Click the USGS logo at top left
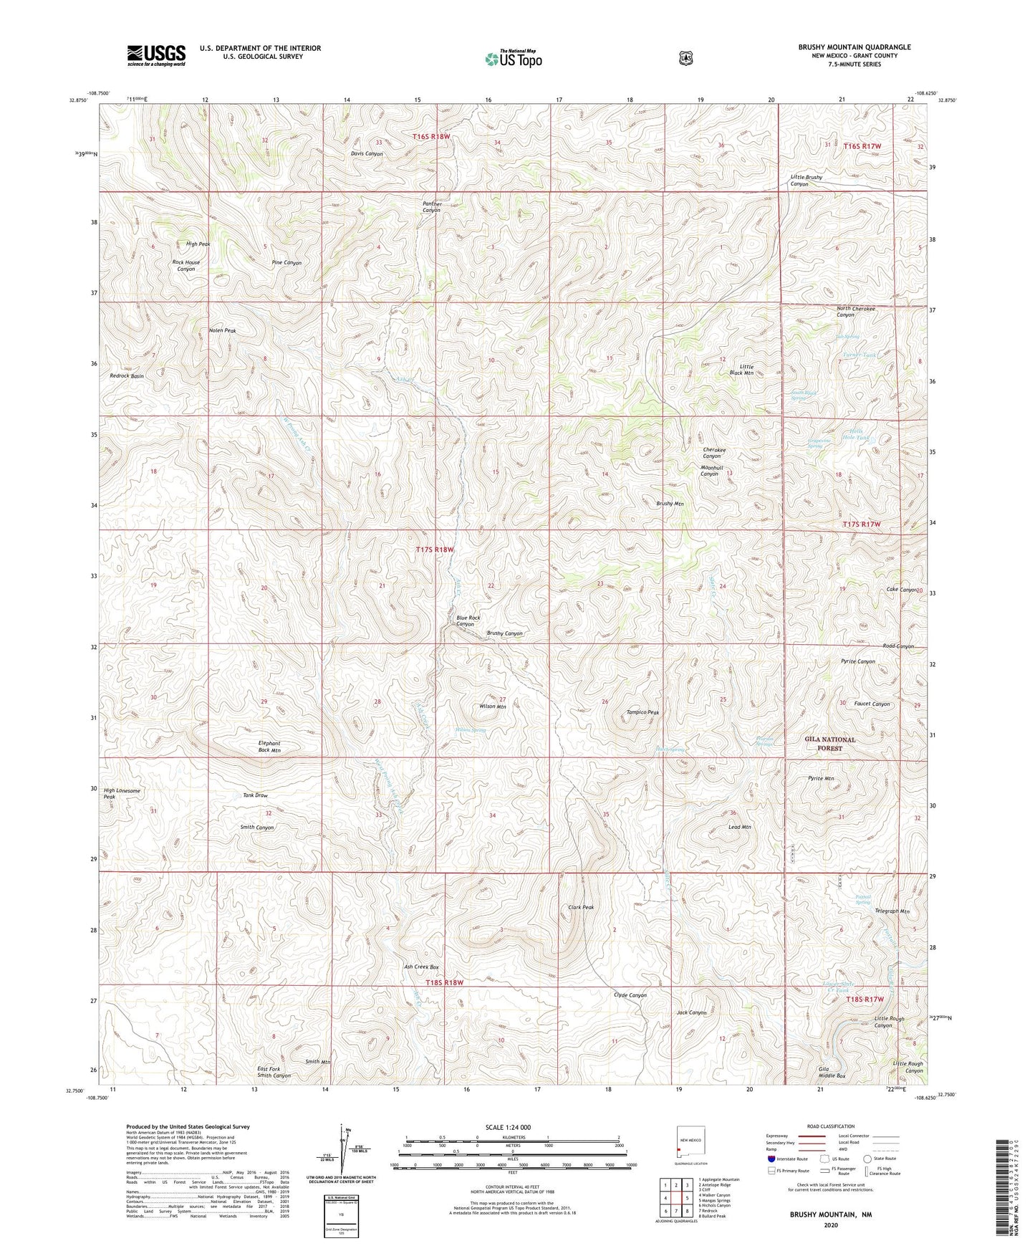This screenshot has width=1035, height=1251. [x=156, y=55]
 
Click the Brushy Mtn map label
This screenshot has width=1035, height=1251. [x=670, y=504]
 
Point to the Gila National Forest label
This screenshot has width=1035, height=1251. [x=832, y=744]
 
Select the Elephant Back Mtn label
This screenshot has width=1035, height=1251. [x=269, y=747]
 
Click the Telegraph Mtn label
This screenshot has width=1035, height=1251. [x=892, y=911]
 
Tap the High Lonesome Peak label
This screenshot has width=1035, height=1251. [x=122, y=794]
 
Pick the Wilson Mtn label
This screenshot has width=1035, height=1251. [x=493, y=706]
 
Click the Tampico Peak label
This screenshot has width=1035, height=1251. [x=642, y=712]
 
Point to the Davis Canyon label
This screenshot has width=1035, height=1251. [x=367, y=154]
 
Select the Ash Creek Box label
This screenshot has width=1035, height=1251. [x=421, y=967]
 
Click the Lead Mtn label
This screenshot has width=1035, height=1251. [x=739, y=827]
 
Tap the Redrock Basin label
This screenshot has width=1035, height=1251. [x=127, y=376]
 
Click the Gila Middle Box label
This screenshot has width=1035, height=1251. [x=832, y=1073]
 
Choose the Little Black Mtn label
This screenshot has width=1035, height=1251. [x=741, y=370]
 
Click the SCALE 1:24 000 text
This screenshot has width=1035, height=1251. [x=508, y=1127]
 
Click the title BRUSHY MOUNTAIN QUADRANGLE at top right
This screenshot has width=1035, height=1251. [x=855, y=47]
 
